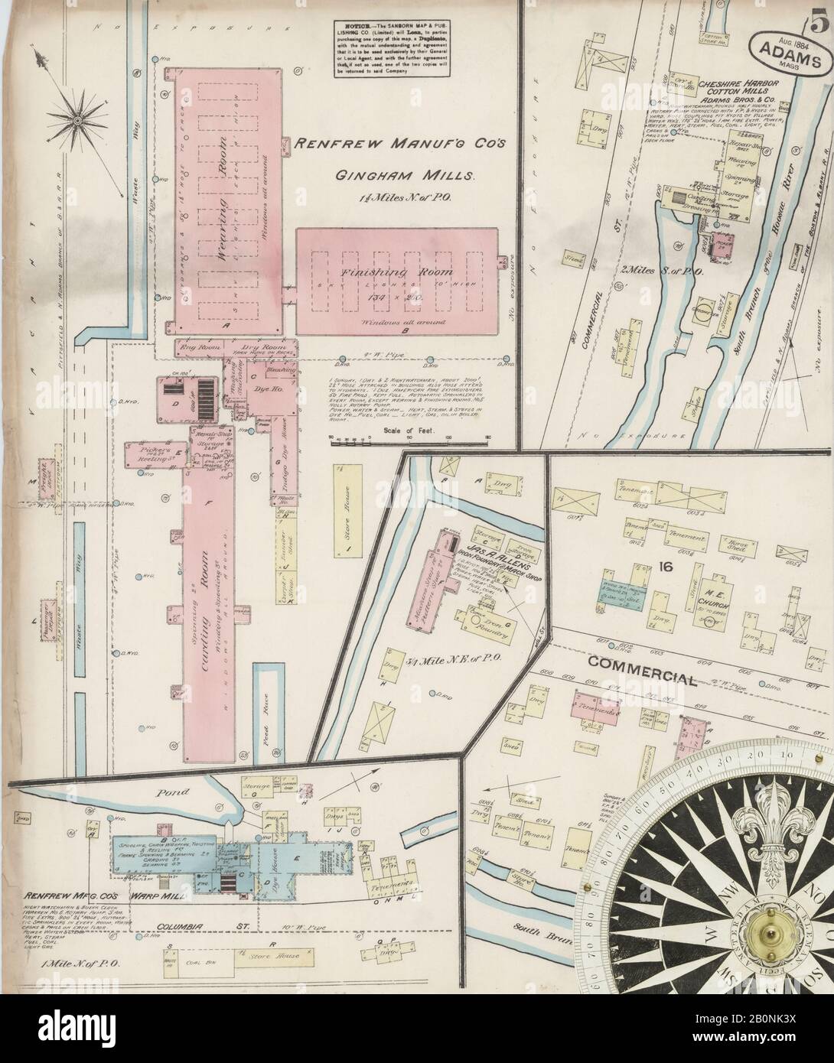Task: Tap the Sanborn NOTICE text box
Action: coord(390,47)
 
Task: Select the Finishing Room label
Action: coord(401,272)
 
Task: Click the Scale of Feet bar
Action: coord(409,438)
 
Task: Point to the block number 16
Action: coord(663,567)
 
